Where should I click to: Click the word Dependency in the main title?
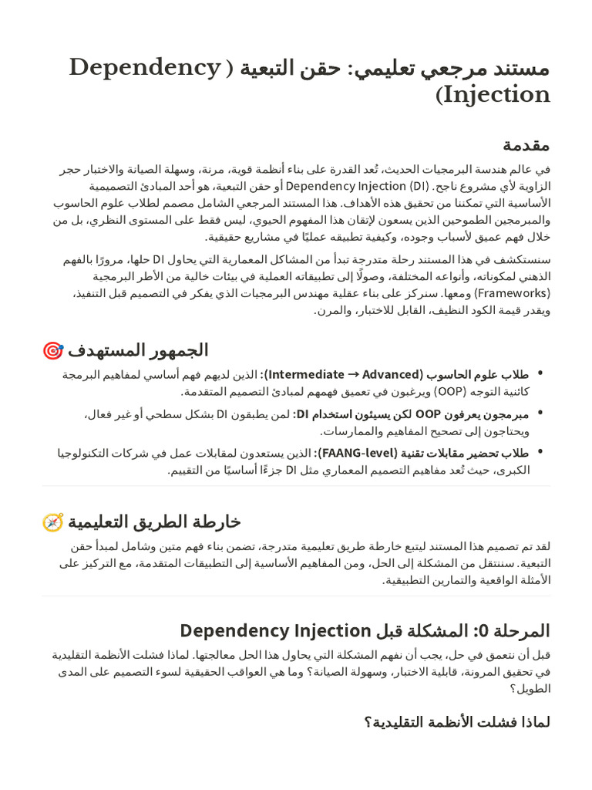pos(145,68)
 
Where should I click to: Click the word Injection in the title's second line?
pos(497,95)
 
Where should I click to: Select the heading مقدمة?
pos(526,145)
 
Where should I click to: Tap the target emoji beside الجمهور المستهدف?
pos(52,351)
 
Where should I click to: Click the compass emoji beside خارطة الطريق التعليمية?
pos(52,522)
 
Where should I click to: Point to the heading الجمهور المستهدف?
pos(138,350)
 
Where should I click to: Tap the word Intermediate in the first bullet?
pos(306,374)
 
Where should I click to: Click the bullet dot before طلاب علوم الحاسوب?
pos(540,374)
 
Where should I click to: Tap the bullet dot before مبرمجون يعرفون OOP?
pos(540,414)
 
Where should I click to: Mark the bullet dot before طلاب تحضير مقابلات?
pos(540,453)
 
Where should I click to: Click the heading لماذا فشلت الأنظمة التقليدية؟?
pos(457,722)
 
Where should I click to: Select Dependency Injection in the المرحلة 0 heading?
pos(275,631)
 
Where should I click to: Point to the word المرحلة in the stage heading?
pos(520,631)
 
